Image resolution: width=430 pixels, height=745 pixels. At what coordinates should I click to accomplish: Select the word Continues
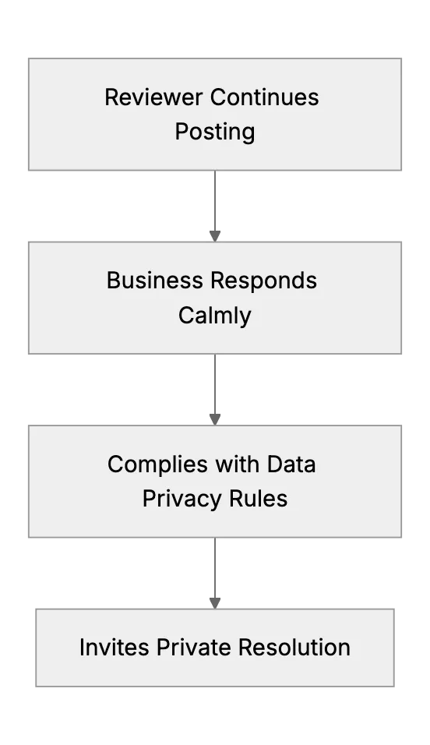pos(265,97)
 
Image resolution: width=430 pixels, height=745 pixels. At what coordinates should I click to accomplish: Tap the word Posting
pos(215,132)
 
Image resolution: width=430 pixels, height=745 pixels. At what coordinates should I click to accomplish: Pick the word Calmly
pos(215,316)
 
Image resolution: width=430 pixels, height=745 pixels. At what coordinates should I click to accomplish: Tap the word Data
pos(291,464)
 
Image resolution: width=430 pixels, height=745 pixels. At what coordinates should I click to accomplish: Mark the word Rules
pos(259,499)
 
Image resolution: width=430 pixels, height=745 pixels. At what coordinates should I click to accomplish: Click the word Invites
pos(114,648)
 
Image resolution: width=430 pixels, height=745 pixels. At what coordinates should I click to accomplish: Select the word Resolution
pos(294,648)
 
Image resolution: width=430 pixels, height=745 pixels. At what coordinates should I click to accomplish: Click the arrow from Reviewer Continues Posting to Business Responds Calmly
pos(215,207)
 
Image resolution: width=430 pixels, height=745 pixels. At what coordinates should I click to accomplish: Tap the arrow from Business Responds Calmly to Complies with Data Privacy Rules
pos(215,390)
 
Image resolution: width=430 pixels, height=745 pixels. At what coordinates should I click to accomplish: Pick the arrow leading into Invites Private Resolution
pos(215,573)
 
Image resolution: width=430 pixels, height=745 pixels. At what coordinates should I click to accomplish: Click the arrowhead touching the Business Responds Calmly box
pos(215,236)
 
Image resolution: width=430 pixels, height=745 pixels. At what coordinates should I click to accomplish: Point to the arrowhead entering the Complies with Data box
pos(215,419)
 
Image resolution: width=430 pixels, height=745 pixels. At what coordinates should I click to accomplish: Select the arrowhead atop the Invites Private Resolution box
pos(215,603)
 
